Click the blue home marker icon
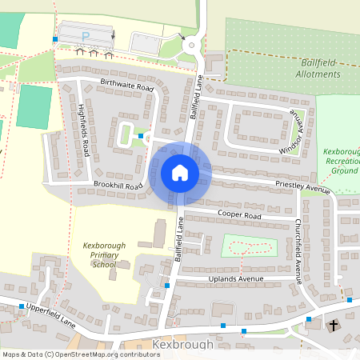pyautogui.click(x=180, y=172)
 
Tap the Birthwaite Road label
pyautogui.click(x=126, y=86)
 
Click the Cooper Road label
pyautogui.click(x=239, y=215)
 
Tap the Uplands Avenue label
pyautogui.click(x=235, y=278)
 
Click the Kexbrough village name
pyautogui.click(x=182, y=345)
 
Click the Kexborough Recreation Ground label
pyautogui.click(x=342, y=161)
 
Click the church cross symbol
pyautogui.click(x=334, y=326)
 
